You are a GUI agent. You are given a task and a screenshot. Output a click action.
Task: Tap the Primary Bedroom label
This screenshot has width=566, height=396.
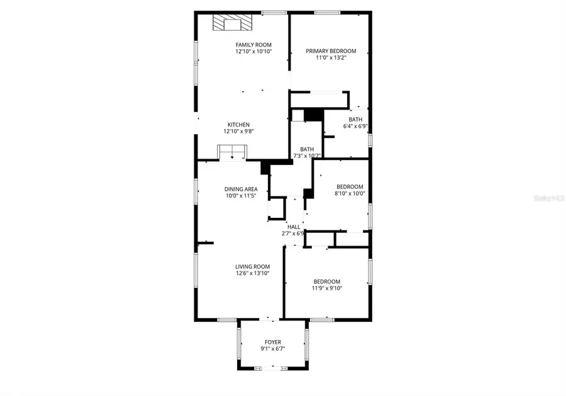click(x=331, y=51)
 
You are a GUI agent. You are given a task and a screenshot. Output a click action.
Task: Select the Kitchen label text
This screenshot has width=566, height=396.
click(x=238, y=125)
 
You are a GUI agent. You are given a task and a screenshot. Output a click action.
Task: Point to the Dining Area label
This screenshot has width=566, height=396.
click(x=241, y=189)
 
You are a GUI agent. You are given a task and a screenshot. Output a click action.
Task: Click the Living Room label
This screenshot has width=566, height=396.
click(x=252, y=266)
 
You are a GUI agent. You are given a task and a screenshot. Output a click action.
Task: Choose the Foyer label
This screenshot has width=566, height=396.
click(x=273, y=342)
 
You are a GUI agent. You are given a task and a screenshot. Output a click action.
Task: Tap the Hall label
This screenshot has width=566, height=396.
click(x=293, y=227)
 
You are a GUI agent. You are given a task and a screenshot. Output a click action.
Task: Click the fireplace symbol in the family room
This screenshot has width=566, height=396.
click(x=232, y=24)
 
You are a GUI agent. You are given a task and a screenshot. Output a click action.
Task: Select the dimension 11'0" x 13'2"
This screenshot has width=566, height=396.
click(x=331, y=58)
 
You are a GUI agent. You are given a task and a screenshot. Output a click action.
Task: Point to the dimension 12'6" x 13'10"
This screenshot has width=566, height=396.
click(x=252, y=273)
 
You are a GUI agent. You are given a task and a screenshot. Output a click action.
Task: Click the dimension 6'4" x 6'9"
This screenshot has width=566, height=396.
click(x=355, y=126)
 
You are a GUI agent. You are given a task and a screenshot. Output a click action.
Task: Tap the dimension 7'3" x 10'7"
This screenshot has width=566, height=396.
click(x=307, y=156)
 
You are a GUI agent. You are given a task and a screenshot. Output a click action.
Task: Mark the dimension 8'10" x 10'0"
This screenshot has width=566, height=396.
click(x=350, y=194)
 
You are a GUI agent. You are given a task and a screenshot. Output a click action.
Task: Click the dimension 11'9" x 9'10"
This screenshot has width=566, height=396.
click(x=327, y=288)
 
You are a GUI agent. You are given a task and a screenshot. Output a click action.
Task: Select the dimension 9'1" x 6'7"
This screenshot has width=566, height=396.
click(x=273, y=349)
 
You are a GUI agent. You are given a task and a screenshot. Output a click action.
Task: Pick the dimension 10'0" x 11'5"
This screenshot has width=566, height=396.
click(x=241, y=196)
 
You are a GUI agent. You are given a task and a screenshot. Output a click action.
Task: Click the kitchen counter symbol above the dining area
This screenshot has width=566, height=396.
click(x=233, y=152)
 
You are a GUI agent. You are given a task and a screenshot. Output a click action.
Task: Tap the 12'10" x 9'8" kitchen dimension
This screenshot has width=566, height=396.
click(x=238, y=132)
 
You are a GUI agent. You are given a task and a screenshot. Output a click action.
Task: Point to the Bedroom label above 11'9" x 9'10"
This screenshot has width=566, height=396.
click(x=327, y=281)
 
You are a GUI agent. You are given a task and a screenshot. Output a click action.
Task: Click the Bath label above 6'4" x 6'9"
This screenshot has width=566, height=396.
click(x=355, y=120)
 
